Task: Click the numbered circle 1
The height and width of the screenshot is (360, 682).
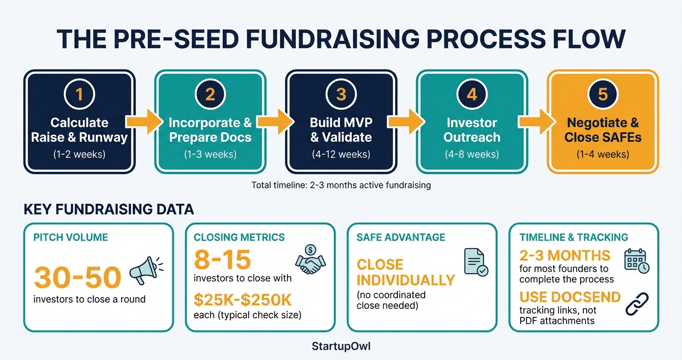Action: [80, 94]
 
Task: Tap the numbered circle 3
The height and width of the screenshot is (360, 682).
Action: [341, 94]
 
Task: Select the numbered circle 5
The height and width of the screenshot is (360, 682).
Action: [602, 94]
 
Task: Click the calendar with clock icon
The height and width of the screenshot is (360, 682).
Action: [637, 261]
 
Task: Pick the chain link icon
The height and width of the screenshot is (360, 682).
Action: [637, 304]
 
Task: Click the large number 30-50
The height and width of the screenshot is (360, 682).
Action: [77, 277]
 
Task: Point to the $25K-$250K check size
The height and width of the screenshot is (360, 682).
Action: [243, 300]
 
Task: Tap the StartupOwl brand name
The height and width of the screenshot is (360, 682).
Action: [341, 345]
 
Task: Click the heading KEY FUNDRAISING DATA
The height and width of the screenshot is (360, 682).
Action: [109, 209]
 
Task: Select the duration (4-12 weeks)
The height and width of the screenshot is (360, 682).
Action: [341, 154]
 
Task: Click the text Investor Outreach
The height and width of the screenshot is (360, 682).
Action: [472, 130]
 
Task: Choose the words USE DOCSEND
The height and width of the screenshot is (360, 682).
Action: [570, 297]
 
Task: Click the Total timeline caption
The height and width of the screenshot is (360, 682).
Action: [341, 185]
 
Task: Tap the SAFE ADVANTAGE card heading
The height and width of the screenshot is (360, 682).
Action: [401, 237]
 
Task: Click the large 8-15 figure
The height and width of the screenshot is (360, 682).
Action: [222, 260]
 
